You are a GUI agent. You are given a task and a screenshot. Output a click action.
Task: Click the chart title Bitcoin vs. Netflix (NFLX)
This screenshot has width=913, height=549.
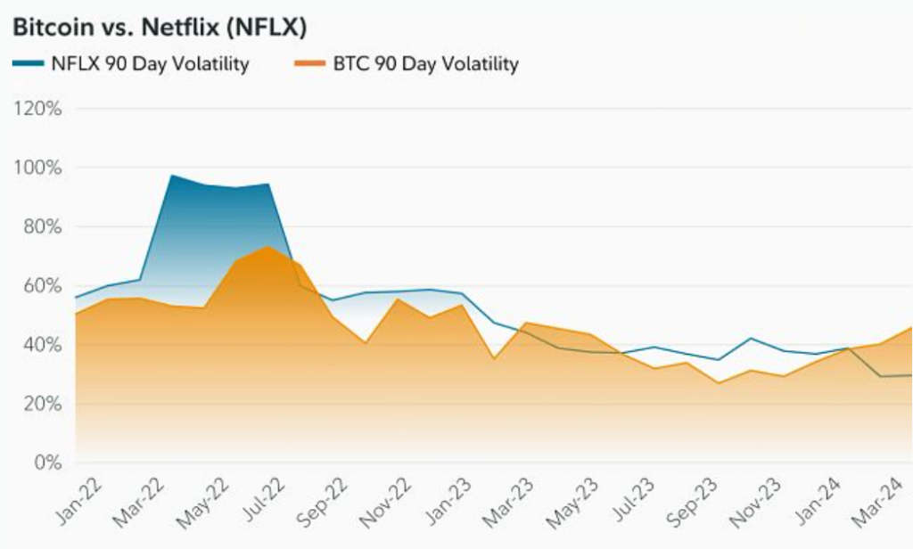[160, 28]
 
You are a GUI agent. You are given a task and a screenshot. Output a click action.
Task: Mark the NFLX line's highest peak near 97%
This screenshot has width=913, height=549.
[171, 176]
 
